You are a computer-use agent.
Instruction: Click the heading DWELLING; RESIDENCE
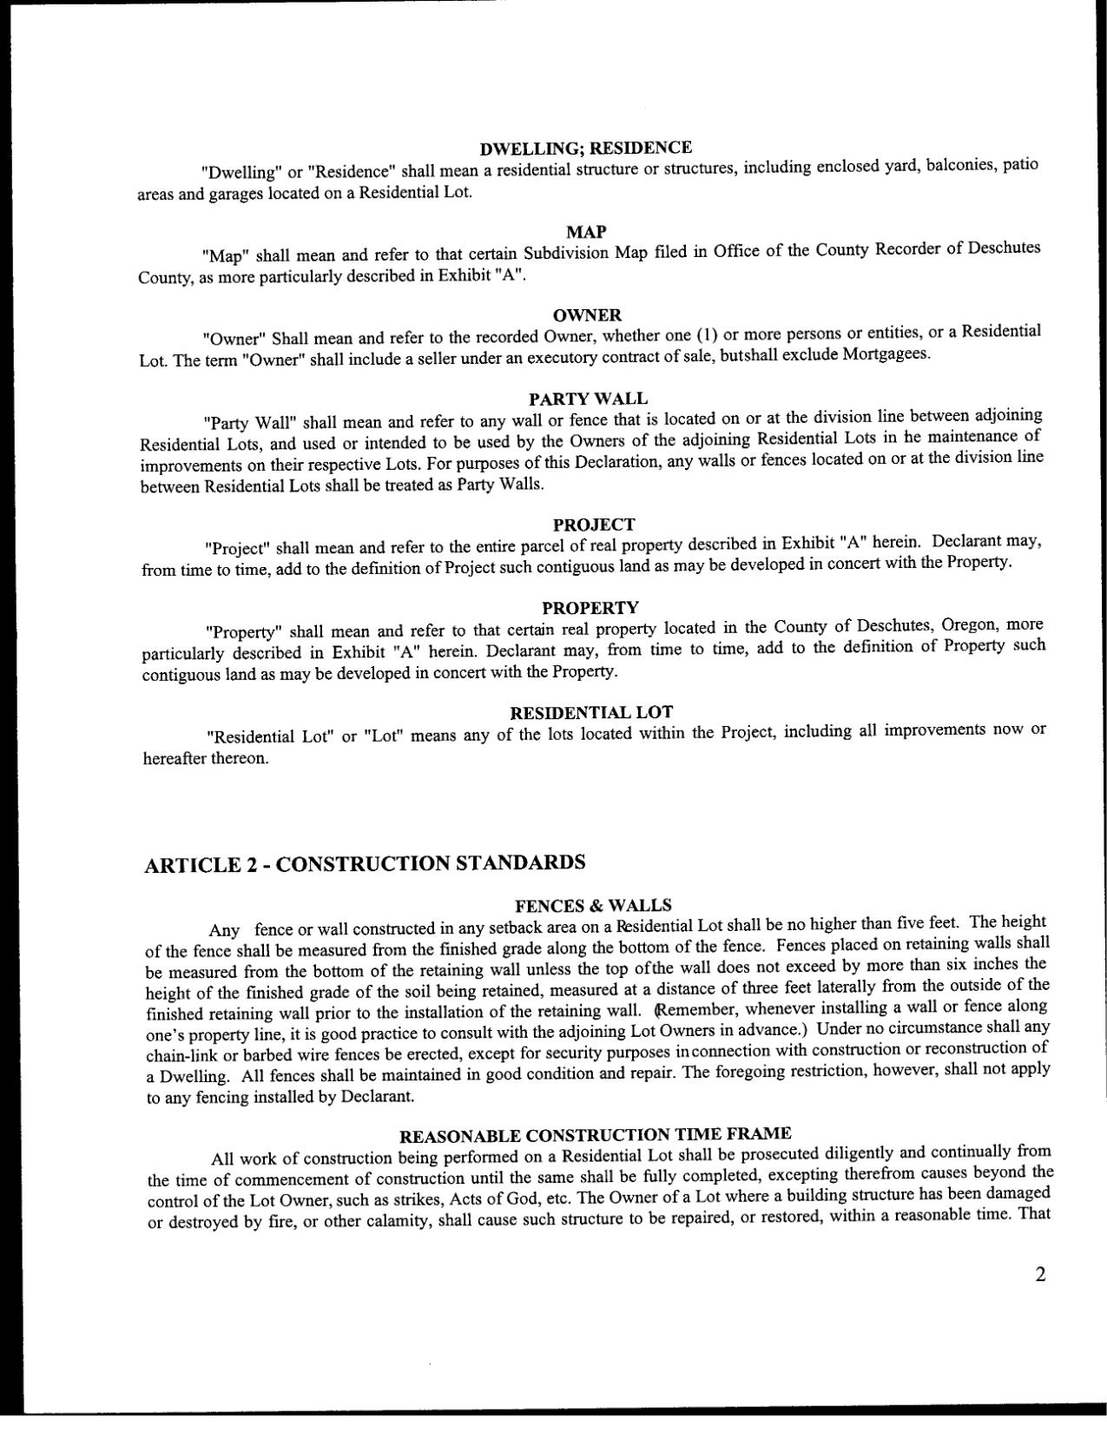586,148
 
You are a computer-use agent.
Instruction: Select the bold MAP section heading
586,232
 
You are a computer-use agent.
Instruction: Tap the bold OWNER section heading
587,314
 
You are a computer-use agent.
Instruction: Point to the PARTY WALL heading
588,399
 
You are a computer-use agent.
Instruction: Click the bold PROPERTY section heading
590,607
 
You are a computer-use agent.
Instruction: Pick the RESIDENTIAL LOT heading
590,713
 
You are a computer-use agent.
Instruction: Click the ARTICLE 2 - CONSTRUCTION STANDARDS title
365,863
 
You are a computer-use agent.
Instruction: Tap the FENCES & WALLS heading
593,906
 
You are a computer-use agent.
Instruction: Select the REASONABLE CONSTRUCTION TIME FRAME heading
595,1135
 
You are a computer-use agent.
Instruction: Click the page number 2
1040,1274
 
